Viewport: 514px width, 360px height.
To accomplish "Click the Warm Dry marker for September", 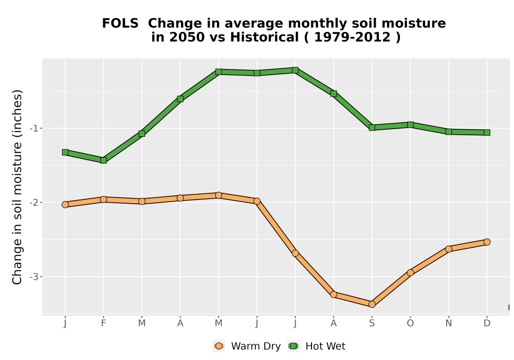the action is pos(372,304).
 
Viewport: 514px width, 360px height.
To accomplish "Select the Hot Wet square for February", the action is pos(104,160).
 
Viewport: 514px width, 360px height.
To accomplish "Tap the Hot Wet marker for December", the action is pos(487,133).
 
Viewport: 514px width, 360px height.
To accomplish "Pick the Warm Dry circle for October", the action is pos(410,273).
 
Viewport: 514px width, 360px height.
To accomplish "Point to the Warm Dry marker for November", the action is pos(449,249).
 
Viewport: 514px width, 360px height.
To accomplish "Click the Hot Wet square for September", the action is pos(372,128).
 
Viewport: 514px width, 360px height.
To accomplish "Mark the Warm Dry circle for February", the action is pos(104,200).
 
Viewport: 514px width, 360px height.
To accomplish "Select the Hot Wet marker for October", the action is pos(410,124).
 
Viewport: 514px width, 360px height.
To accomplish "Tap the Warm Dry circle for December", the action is pos(487,242).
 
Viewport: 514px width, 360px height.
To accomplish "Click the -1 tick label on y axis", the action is pos(34,128).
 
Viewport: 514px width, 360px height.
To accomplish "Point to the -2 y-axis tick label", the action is pos(34,202).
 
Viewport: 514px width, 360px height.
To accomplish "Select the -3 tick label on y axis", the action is pos(34,277).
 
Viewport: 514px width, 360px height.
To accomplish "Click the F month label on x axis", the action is pos(104,323).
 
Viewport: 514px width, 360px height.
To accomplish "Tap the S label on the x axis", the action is pos(372,323).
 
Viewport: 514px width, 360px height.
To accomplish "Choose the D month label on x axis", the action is pos(487,323).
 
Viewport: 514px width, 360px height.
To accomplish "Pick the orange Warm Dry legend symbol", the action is pos(219,346).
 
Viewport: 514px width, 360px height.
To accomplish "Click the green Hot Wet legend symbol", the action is pos(293,346).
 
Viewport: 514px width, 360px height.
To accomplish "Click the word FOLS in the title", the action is pos(120,24).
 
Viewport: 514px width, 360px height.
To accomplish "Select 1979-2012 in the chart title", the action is pos(353,37).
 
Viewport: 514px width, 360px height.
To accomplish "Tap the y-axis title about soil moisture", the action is pos(17,187).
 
